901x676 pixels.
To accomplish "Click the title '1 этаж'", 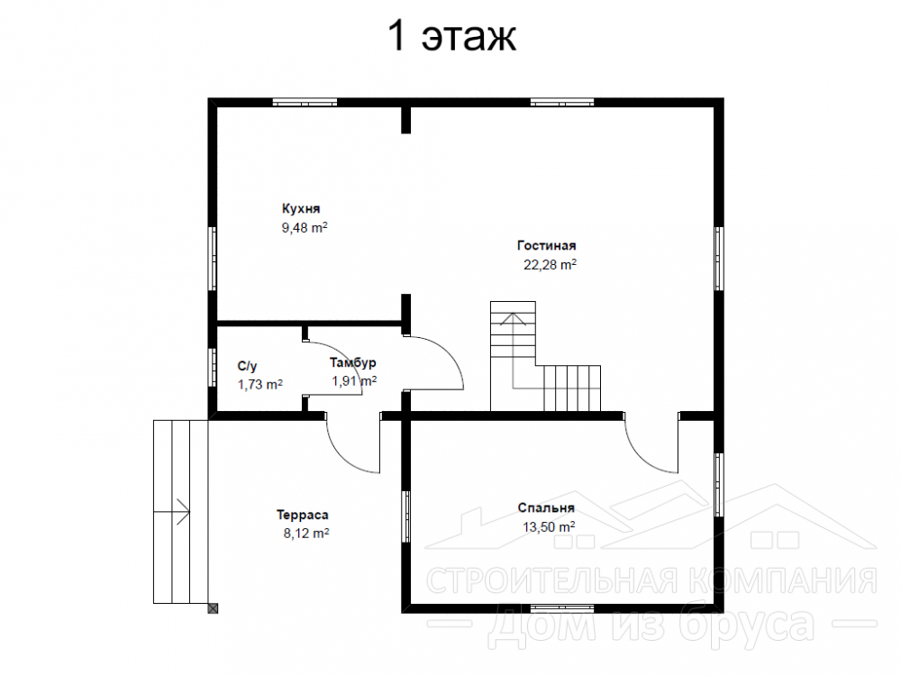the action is [x=452, y=36].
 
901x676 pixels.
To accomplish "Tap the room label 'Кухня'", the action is [x=301, y=208].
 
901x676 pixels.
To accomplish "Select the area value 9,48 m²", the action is [x=305, y=228].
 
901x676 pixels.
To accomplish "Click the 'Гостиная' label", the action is [x=547, y=245].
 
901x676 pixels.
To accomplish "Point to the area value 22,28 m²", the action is [x=550, y=264].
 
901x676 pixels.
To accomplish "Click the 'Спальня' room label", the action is [x=546, y=507].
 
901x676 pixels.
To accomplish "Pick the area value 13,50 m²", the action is [x=549, y=526].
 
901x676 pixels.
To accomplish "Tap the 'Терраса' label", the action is [x=302, y=515].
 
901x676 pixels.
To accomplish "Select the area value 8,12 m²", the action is [x=306, y=534].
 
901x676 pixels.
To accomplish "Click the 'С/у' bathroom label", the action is [x=247, y=366].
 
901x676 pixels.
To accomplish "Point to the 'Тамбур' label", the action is [x=353, y=362].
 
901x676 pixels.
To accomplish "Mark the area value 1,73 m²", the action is [x=260, y=385].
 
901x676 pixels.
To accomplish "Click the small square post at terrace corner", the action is [x=214, y=608].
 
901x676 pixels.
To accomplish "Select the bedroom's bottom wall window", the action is [x=562, y=608].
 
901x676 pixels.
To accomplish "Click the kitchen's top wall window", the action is [x=305, y=103].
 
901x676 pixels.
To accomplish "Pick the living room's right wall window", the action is [x=718, y=259].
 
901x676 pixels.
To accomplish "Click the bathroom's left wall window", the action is [x=212, y=368].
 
